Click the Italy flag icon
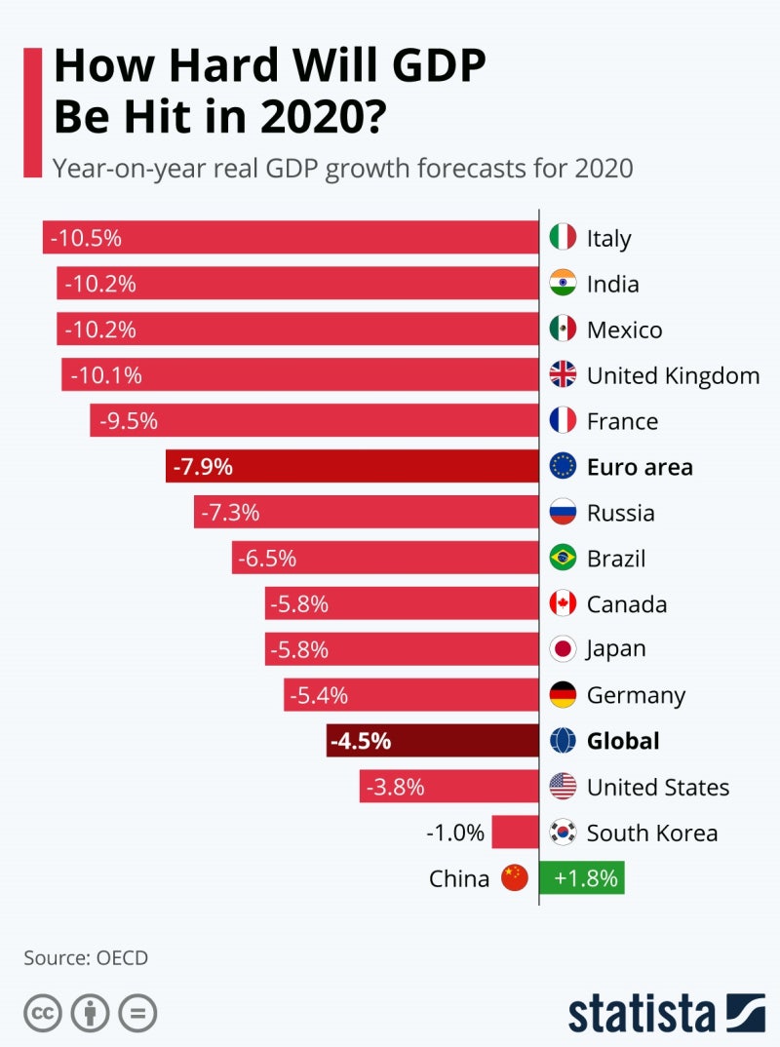563,238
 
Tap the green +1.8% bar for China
582,878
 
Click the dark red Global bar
433,741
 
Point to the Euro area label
640,467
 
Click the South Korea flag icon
563,833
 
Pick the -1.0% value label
455,833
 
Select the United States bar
448,787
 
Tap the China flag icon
514,878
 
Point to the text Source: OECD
86,957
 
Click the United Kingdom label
673,375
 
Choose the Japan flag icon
563,649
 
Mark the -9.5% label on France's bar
124,421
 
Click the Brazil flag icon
563,558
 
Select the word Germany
636,696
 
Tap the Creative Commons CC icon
42,1013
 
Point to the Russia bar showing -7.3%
366,513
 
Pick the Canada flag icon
563,603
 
